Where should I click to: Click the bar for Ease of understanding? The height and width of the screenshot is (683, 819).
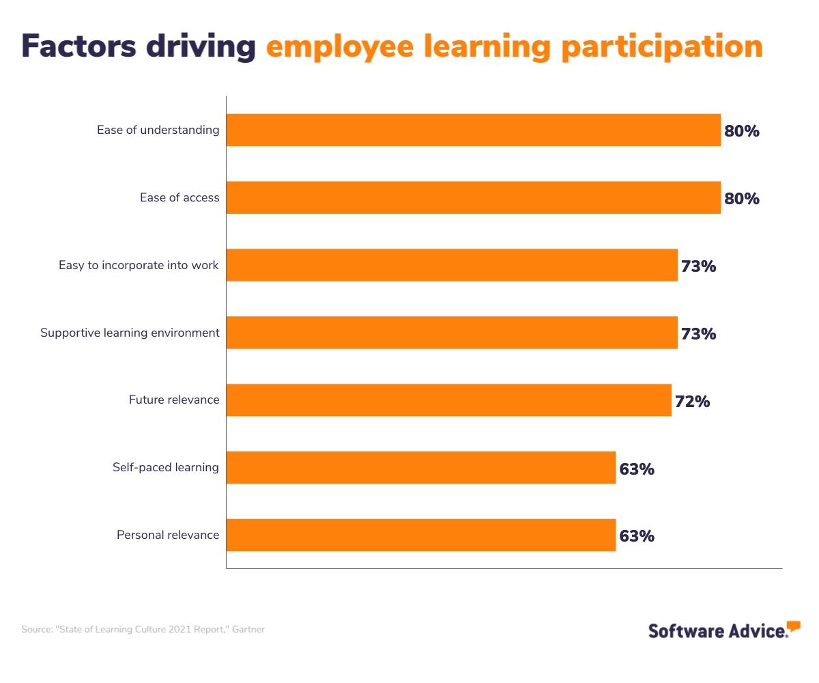[x=473, y=130]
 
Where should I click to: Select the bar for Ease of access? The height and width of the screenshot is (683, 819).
[x=473, y=197]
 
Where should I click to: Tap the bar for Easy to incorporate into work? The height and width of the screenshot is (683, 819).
[x=452, y=265]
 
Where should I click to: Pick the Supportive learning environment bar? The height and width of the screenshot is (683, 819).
[x=452, y=333]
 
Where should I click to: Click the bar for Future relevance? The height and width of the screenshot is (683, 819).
[x=448, y=400]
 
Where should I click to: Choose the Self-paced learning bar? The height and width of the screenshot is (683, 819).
[x=420, y=468]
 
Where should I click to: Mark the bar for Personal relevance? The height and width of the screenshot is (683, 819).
[x=420, y=535]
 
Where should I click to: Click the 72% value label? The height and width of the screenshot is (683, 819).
[x=692, y=402]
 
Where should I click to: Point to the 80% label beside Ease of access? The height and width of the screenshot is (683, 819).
[x=741, y=199]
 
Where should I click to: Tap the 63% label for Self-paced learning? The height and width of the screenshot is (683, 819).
[x=636, y=469]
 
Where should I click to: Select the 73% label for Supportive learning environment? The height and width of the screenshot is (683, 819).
[x=698, y=334]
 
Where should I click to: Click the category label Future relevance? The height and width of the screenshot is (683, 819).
[x=174, y=400]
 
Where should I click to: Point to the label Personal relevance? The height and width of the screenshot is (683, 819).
[x=168, y=535]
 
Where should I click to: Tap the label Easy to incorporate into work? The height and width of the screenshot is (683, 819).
[x=139, y=265]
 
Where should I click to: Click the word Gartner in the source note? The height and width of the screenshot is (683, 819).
[x=250, y=630]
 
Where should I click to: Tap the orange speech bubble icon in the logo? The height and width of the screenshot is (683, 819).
[x=793, y=626]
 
